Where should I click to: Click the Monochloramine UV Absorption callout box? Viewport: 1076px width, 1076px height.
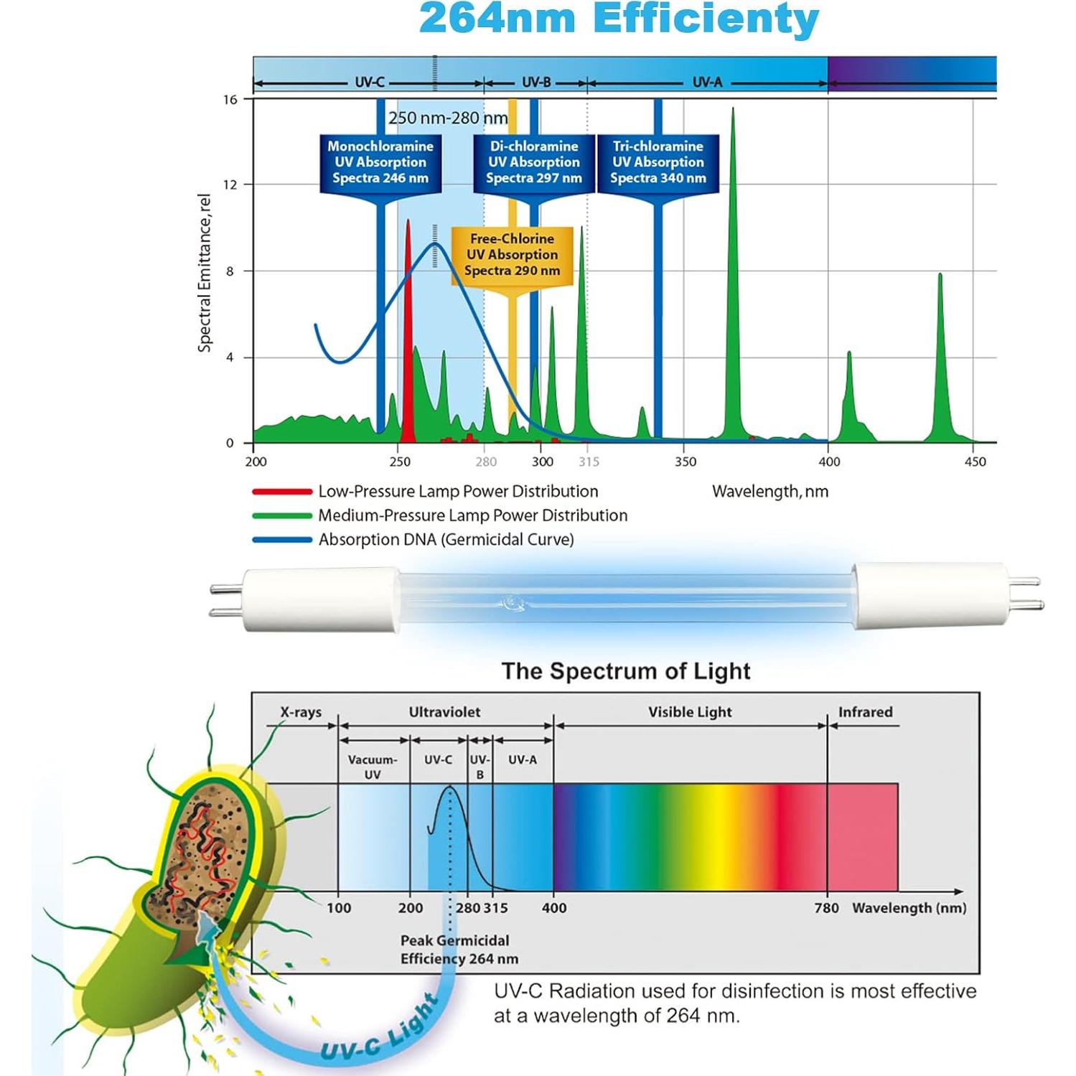tap(380, 162)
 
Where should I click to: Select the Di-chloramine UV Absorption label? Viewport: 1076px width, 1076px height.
tap(534, 162)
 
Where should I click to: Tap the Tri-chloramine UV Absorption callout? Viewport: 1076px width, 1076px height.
tap(658, 162)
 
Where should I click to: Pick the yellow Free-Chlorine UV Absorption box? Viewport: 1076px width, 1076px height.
tap(512, 255)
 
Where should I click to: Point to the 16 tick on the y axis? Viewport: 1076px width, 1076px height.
tap(230, 100)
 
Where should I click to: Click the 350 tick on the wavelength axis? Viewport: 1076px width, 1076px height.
tap(686, 462)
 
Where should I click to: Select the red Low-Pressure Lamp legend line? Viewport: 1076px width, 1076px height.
tap(282, 492)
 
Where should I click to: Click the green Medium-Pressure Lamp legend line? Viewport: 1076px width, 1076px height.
tap(282, 515)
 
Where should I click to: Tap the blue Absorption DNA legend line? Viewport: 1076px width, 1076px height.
tap(282, 540)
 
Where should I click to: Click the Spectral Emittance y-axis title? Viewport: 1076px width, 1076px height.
tap(205, 273)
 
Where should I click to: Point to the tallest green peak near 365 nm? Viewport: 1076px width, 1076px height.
tap(733, 111)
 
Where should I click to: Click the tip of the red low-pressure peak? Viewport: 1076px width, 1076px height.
tap(408, 222)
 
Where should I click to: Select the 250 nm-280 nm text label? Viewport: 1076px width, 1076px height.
tap(448, 118)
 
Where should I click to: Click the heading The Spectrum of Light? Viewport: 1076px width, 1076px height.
tap(625, 671)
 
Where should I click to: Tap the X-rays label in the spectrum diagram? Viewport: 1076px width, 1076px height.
tap(301, 712)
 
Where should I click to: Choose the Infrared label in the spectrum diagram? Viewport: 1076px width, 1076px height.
tap(865, 712)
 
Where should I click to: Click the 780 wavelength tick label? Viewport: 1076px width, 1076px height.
tap(826, 908)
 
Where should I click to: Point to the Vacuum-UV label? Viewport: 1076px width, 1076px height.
tap(373, 767)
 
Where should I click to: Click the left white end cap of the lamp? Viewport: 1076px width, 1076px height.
tap(320, 600)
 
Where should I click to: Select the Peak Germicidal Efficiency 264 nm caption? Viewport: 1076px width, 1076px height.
tap(459, 950)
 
